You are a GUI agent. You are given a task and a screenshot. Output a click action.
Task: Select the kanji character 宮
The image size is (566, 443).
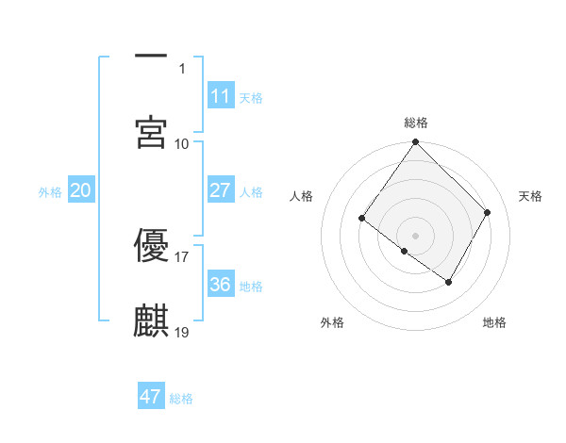151,132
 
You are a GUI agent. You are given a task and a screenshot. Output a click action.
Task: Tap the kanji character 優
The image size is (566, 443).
151,244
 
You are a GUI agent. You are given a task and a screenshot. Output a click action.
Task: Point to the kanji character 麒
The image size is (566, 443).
151,320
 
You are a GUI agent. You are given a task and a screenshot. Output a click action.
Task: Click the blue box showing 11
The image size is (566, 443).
220,95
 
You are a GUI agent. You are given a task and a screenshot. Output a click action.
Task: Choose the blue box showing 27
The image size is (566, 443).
220,189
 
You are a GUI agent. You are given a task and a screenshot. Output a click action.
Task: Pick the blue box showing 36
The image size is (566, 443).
220,284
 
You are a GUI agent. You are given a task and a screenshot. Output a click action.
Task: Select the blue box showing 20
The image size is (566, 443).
80,189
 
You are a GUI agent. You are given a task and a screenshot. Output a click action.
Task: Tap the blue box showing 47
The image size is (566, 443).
151,397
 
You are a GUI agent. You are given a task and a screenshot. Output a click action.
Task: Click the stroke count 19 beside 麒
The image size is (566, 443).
182,332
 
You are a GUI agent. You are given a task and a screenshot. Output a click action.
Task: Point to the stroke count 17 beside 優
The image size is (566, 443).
182,255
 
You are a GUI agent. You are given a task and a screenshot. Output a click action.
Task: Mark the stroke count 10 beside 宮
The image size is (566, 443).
182,143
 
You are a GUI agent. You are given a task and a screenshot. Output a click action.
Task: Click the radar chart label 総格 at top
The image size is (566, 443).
416,123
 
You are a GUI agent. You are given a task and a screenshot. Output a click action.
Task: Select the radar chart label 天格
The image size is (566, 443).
530,196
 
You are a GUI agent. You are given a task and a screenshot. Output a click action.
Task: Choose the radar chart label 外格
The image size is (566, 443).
332,322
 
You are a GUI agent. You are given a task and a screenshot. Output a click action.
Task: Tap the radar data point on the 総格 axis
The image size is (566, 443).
416,143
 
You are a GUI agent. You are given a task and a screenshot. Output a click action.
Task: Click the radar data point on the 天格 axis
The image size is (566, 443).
488,212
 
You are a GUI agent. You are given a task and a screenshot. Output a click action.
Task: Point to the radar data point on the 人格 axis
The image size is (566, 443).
362,219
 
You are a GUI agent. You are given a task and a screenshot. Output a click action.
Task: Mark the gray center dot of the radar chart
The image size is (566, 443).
416,235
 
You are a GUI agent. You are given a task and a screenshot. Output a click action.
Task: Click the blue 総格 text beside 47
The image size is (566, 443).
181,399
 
